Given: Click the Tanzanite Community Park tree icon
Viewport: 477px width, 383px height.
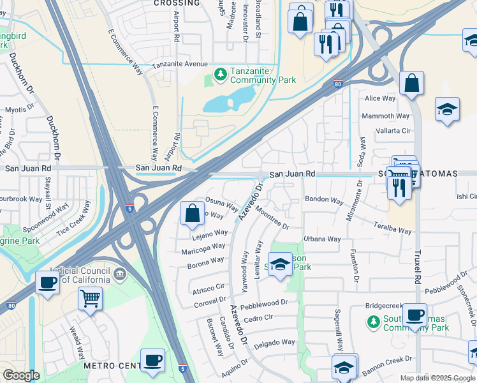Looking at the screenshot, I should click(x=221, y=75).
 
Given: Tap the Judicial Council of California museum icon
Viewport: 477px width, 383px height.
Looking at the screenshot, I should click(x=120, y=274).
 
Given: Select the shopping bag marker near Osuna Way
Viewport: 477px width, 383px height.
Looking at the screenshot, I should click(x=192, y=214).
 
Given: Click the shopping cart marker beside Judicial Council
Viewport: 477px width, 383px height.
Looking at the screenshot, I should click(x=90, y=297).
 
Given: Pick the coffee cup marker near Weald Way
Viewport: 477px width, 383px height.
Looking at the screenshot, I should click(x=47, y=282).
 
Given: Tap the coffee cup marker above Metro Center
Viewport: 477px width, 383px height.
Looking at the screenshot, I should click(x=152, y=360).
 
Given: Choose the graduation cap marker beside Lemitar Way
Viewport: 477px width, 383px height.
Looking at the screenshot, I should click(x=279, y=264).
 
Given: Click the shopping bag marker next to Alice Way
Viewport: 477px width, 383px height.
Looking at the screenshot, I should click(x=412, y=83).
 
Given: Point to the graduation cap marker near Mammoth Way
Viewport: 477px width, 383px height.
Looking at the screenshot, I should click(x=447, y=109).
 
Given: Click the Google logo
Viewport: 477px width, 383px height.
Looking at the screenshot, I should click(x=21, y=375).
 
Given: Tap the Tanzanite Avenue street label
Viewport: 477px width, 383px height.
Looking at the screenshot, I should click(x=179, y=64).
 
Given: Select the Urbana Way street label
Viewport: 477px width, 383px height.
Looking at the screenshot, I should click(x=321, y=239).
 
